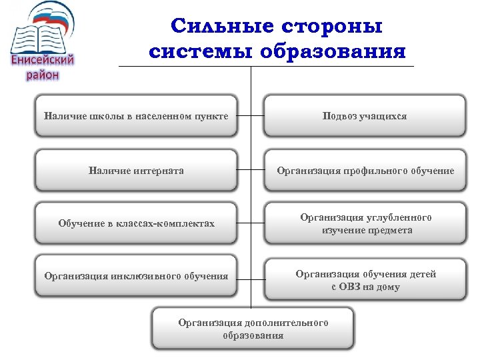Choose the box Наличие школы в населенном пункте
click(136, 117)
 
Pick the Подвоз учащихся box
click(365, 117)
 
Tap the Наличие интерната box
click(136, 171)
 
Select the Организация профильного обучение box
click(365, 171)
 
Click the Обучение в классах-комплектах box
click(136, 223)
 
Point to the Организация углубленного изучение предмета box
click(365, 223)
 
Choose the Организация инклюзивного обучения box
click(136, 276)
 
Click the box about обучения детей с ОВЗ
click(365, 280)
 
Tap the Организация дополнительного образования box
click(253, 329)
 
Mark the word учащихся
click(383, 117)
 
